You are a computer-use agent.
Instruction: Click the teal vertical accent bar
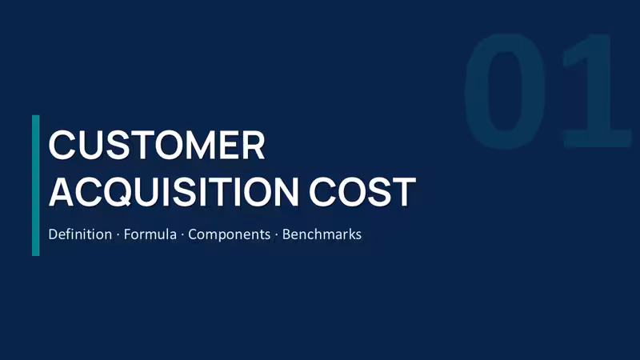point(36,186)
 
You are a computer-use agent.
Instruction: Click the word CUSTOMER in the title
point(157,145)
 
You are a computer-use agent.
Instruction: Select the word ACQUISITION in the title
point(174,192)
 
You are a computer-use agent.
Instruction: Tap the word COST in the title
point(362,192)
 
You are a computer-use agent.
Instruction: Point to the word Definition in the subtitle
point(80,234)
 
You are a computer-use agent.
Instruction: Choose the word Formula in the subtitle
point(150,234)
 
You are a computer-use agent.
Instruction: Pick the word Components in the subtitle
point(229,235)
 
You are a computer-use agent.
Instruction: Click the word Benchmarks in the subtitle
point(322,234)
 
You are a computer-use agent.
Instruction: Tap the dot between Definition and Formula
point(118,234)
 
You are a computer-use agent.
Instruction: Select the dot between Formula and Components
point(182,234)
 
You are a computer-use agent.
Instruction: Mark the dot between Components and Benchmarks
point(276,234)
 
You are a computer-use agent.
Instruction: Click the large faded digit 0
point(505,90)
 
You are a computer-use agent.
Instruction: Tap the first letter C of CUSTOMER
point(62,145)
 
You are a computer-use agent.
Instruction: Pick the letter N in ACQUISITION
point(286,192)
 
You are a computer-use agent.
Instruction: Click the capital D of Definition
point(53,234)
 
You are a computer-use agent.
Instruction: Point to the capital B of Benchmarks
point(286,234)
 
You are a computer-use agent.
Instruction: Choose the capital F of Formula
point(127,234)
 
